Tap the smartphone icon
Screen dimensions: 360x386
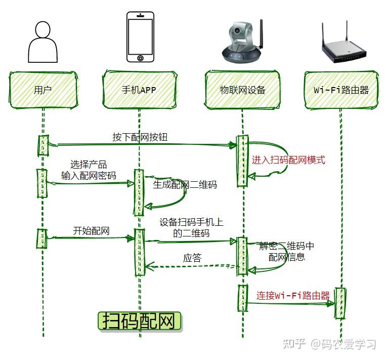pos(140,37)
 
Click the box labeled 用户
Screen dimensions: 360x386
pos(42,90)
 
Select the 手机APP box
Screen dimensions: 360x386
pos(140,90)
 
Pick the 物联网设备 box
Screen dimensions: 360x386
pos(243,90)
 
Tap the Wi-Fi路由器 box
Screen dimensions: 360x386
pos(341,90)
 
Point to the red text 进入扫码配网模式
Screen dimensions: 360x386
pos(288,160)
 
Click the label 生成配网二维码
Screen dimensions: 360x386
pos(185,185)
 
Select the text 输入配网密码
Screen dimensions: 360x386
pos(89,176)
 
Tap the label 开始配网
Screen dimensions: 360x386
pos(92,231)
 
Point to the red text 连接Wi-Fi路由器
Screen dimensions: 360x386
pos(292,296)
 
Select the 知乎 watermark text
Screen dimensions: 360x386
pos(294,344)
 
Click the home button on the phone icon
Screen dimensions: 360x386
pos(140,58)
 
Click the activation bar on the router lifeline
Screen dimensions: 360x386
pos(341,303)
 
